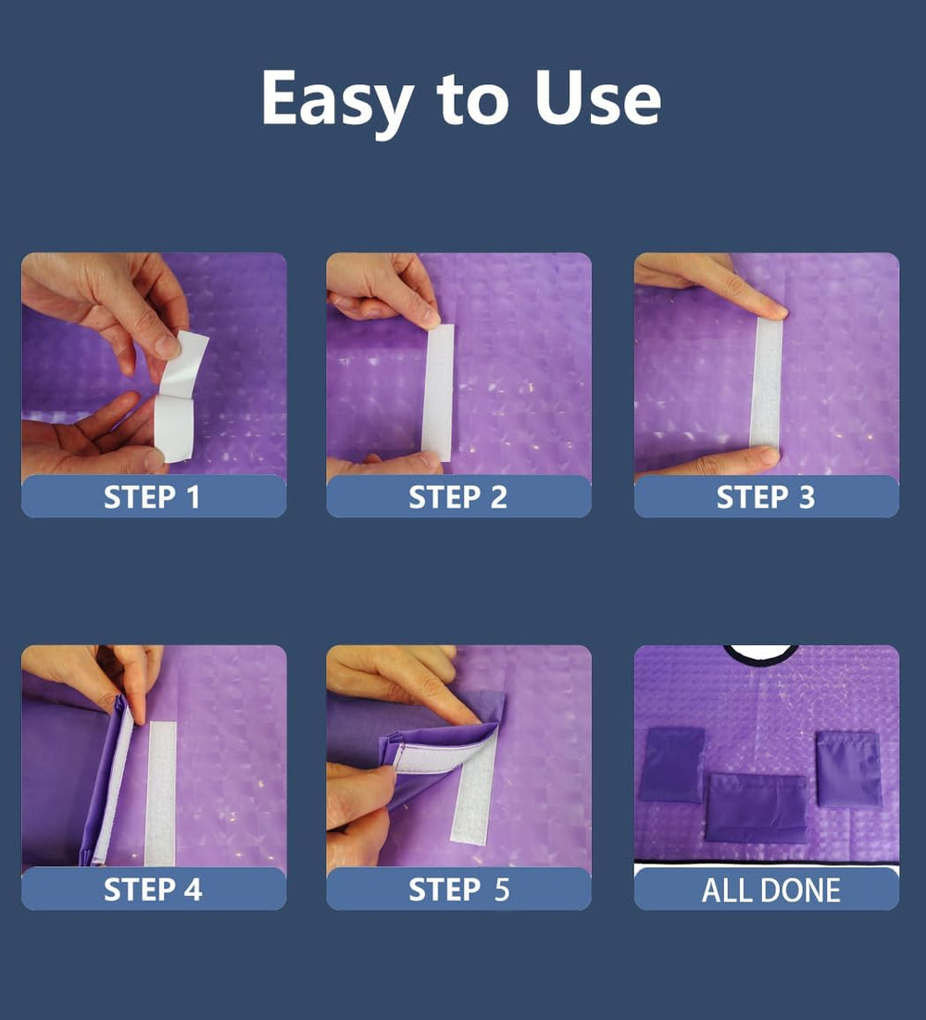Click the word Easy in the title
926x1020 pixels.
[337, 100]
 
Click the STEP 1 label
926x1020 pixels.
[152, 498]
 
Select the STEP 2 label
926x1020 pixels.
[457, 498]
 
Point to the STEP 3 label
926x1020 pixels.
[765, 498]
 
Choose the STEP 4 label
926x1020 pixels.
[153, 889]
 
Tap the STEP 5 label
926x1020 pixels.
[458, 889]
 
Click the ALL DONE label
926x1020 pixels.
[770, 890]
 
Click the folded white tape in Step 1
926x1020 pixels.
[179, 397]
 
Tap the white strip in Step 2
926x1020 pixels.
[439, 392]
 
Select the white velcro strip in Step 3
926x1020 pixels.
[767, 382]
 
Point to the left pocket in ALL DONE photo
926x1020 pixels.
[671, 765]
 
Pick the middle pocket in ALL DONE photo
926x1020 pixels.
[757, 809]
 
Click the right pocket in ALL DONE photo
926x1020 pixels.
[848, 769]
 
